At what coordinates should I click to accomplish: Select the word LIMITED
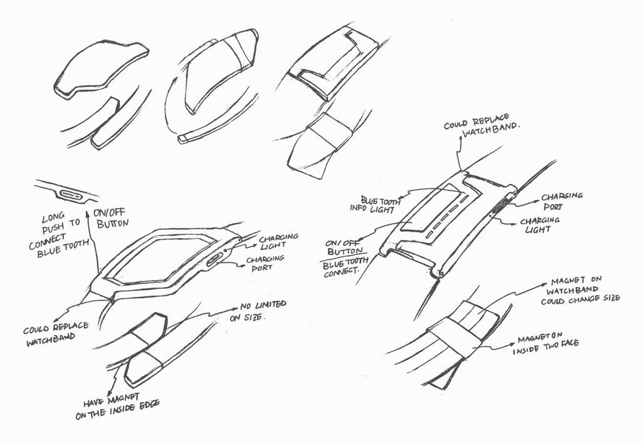(x=269, y=305)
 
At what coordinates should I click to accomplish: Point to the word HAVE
(x=96, y=403)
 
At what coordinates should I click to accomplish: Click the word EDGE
(x=144, y=404)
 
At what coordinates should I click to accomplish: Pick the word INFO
(x=362, y=209)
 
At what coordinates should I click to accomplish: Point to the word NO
(x=246, y=307)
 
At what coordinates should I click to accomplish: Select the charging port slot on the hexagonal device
(x=214, y=259)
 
